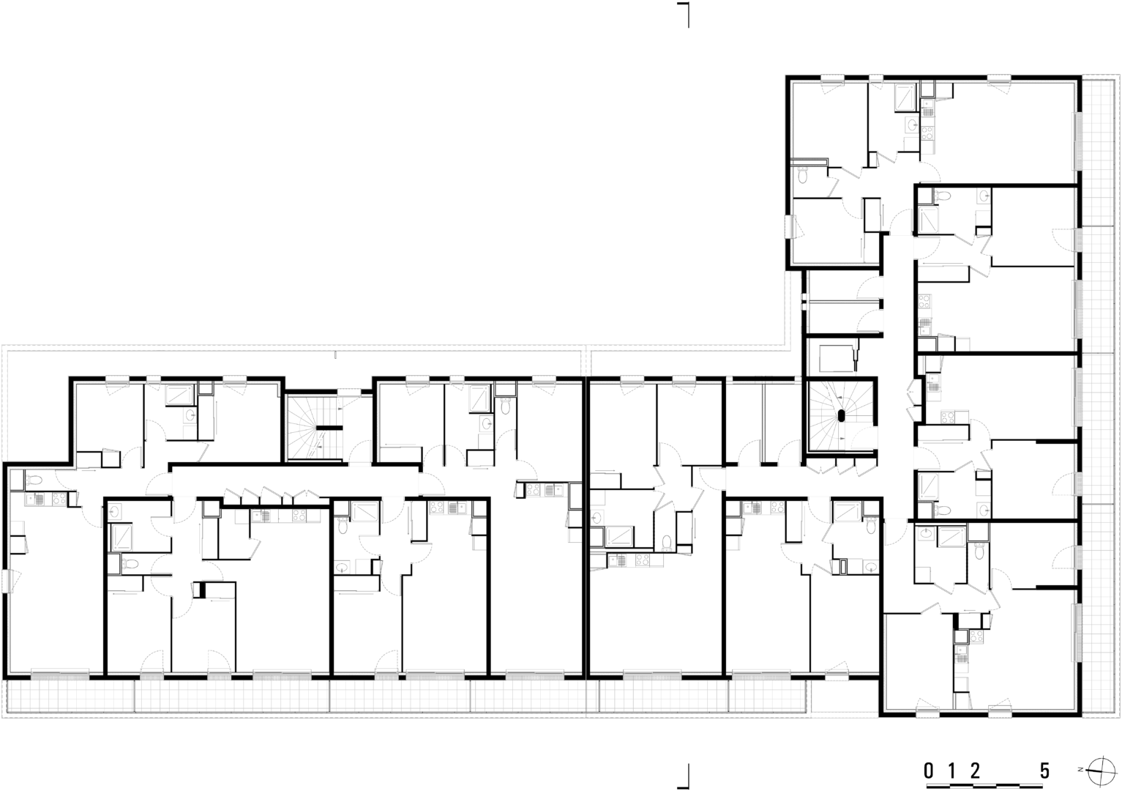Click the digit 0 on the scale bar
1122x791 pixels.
929,770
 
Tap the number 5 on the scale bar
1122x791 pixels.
1044,770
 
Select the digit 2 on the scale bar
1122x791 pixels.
975,770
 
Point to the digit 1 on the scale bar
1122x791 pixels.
951,770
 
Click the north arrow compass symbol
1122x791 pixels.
1095,769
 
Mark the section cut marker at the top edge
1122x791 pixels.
684,15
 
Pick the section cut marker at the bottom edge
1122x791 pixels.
684,778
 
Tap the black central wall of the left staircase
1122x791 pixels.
328,428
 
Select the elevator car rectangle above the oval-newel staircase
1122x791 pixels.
836,358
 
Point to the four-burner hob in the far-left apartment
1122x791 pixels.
59,499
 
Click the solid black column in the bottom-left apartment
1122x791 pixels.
203,590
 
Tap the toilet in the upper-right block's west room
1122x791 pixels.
803,177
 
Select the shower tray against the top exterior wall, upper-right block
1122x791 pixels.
905,97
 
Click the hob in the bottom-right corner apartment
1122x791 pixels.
976,637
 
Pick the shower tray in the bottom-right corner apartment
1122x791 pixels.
951,537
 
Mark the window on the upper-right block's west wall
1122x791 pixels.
789,226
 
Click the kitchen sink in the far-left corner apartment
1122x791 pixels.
37,499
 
